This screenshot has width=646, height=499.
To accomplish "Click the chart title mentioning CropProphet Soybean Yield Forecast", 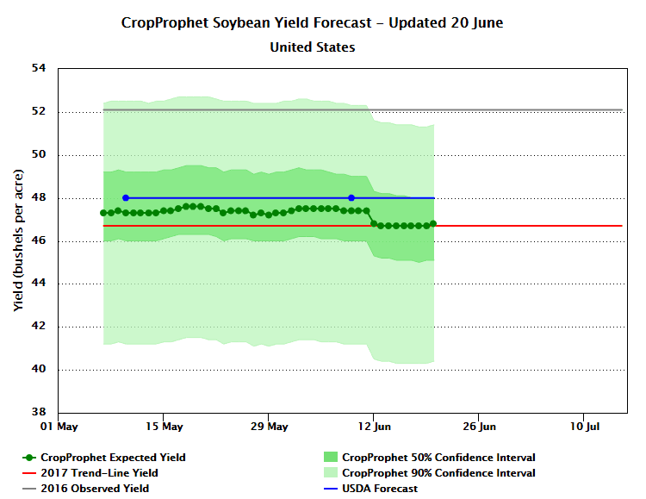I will click(313, 23).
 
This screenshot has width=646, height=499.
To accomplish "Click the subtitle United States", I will click(313, 47).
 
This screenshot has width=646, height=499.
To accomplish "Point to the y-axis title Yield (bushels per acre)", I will click(18, 240).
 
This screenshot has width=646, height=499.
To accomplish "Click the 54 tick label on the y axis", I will click(38, 69).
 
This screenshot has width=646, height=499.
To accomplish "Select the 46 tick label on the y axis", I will click(38, 241).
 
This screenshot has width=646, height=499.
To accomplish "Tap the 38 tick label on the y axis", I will click(38, 413).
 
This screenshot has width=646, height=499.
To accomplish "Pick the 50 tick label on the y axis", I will click(38, 155).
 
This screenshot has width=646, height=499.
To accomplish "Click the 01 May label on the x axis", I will click(59, 427).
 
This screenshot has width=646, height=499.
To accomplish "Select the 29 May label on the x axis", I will click(269, 427).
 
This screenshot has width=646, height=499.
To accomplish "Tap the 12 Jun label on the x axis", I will click(374, 427).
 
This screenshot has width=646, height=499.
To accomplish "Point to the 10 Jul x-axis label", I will click(585, 427).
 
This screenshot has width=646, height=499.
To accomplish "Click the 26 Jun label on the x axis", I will click(480, 427).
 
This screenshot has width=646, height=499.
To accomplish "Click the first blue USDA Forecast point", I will click(126, 198).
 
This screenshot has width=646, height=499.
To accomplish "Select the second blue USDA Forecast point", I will click(351, 198).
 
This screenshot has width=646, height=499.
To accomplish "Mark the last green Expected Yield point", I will click(433, 223).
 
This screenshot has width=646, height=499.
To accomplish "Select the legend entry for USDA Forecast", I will click(379, 489).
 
